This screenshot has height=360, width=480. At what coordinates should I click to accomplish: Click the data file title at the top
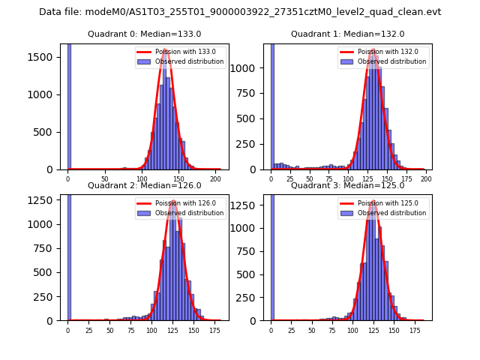point(240,12)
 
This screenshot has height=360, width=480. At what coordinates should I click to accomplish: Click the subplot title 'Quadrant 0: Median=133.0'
point(144,34)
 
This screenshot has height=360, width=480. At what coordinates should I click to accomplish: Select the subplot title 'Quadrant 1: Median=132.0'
point(347,34)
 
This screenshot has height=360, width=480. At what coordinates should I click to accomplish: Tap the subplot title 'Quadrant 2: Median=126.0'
point(144,185)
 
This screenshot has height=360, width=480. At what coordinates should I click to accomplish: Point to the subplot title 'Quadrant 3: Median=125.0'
point(347,185)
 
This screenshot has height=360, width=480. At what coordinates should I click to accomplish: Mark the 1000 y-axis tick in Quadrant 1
point(250,68)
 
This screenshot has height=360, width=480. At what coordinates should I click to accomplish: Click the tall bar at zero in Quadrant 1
point(272,105)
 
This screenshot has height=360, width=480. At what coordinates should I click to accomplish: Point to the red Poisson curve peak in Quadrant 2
point(173,201)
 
